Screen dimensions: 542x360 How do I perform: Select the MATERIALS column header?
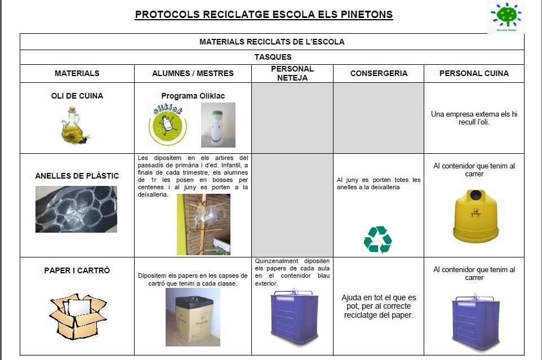(77, 73)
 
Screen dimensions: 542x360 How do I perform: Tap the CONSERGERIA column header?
(379, 73)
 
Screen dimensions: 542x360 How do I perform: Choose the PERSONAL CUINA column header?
(474, 73)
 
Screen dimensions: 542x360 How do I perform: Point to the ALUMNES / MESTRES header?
(193, 73)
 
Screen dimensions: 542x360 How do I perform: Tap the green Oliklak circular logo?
(167, 125)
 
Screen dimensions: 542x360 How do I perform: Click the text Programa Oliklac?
(193, 96)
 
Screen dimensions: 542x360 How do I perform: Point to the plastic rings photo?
(77, 209)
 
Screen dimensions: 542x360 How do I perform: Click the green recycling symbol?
(377, 239)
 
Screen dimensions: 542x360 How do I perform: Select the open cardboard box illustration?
(77, 315)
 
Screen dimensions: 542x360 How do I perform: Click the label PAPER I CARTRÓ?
(77, 270)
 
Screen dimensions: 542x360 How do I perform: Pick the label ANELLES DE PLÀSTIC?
(77, 176)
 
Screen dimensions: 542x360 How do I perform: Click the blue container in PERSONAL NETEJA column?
(292, 316)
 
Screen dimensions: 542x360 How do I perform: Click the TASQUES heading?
(273, 57)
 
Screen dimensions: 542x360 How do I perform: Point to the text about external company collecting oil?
(474, 118)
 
